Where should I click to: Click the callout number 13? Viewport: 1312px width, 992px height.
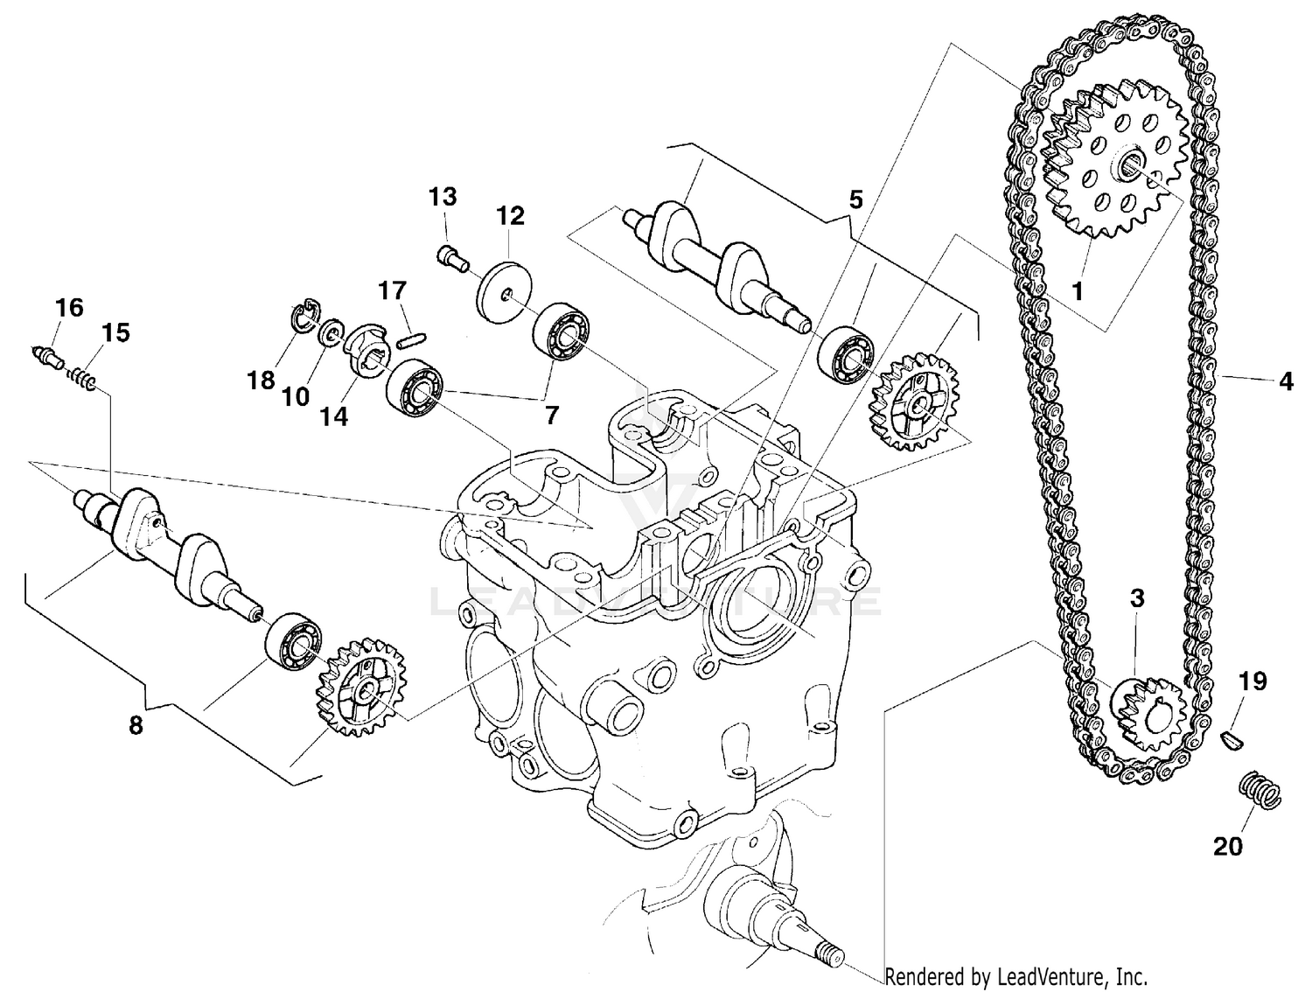tap(443, 197)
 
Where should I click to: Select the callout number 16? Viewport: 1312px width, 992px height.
tap(69, 307)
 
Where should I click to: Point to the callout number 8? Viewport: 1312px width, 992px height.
tap(136, 726)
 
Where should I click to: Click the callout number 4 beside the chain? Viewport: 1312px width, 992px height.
tap(1285, 381)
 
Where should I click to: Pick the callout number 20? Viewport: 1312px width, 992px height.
tap(1228, 846)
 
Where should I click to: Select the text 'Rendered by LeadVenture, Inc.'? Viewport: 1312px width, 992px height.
tap(1015, 976)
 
